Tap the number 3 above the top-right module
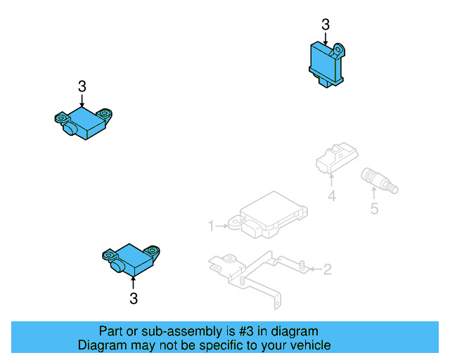[325, 25]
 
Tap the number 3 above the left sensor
[82, 86]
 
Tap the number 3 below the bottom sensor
[134, 299]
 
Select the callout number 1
[210, 226]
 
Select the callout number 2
[327, 269]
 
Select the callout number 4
[332, 197]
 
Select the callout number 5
[374, 208]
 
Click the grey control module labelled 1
[271, 214]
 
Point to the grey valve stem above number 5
[378, 181]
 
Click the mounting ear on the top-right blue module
[340, 50]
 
